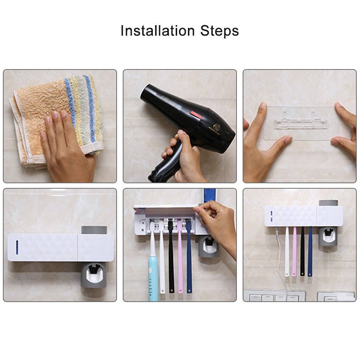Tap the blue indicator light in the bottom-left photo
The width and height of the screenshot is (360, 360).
click(x=17, y=247)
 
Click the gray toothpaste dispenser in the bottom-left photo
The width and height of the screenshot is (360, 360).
click(x=93, y=275)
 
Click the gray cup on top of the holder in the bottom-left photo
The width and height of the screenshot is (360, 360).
click(x=94, y=230)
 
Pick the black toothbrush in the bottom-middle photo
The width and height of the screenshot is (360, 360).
click(x=171, y=259)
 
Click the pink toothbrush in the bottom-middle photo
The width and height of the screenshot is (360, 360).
click(x=180, y=259)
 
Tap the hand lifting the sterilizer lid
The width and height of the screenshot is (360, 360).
click(x=218, y=223)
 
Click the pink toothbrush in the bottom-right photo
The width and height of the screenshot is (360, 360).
click(x=294, y=252)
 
